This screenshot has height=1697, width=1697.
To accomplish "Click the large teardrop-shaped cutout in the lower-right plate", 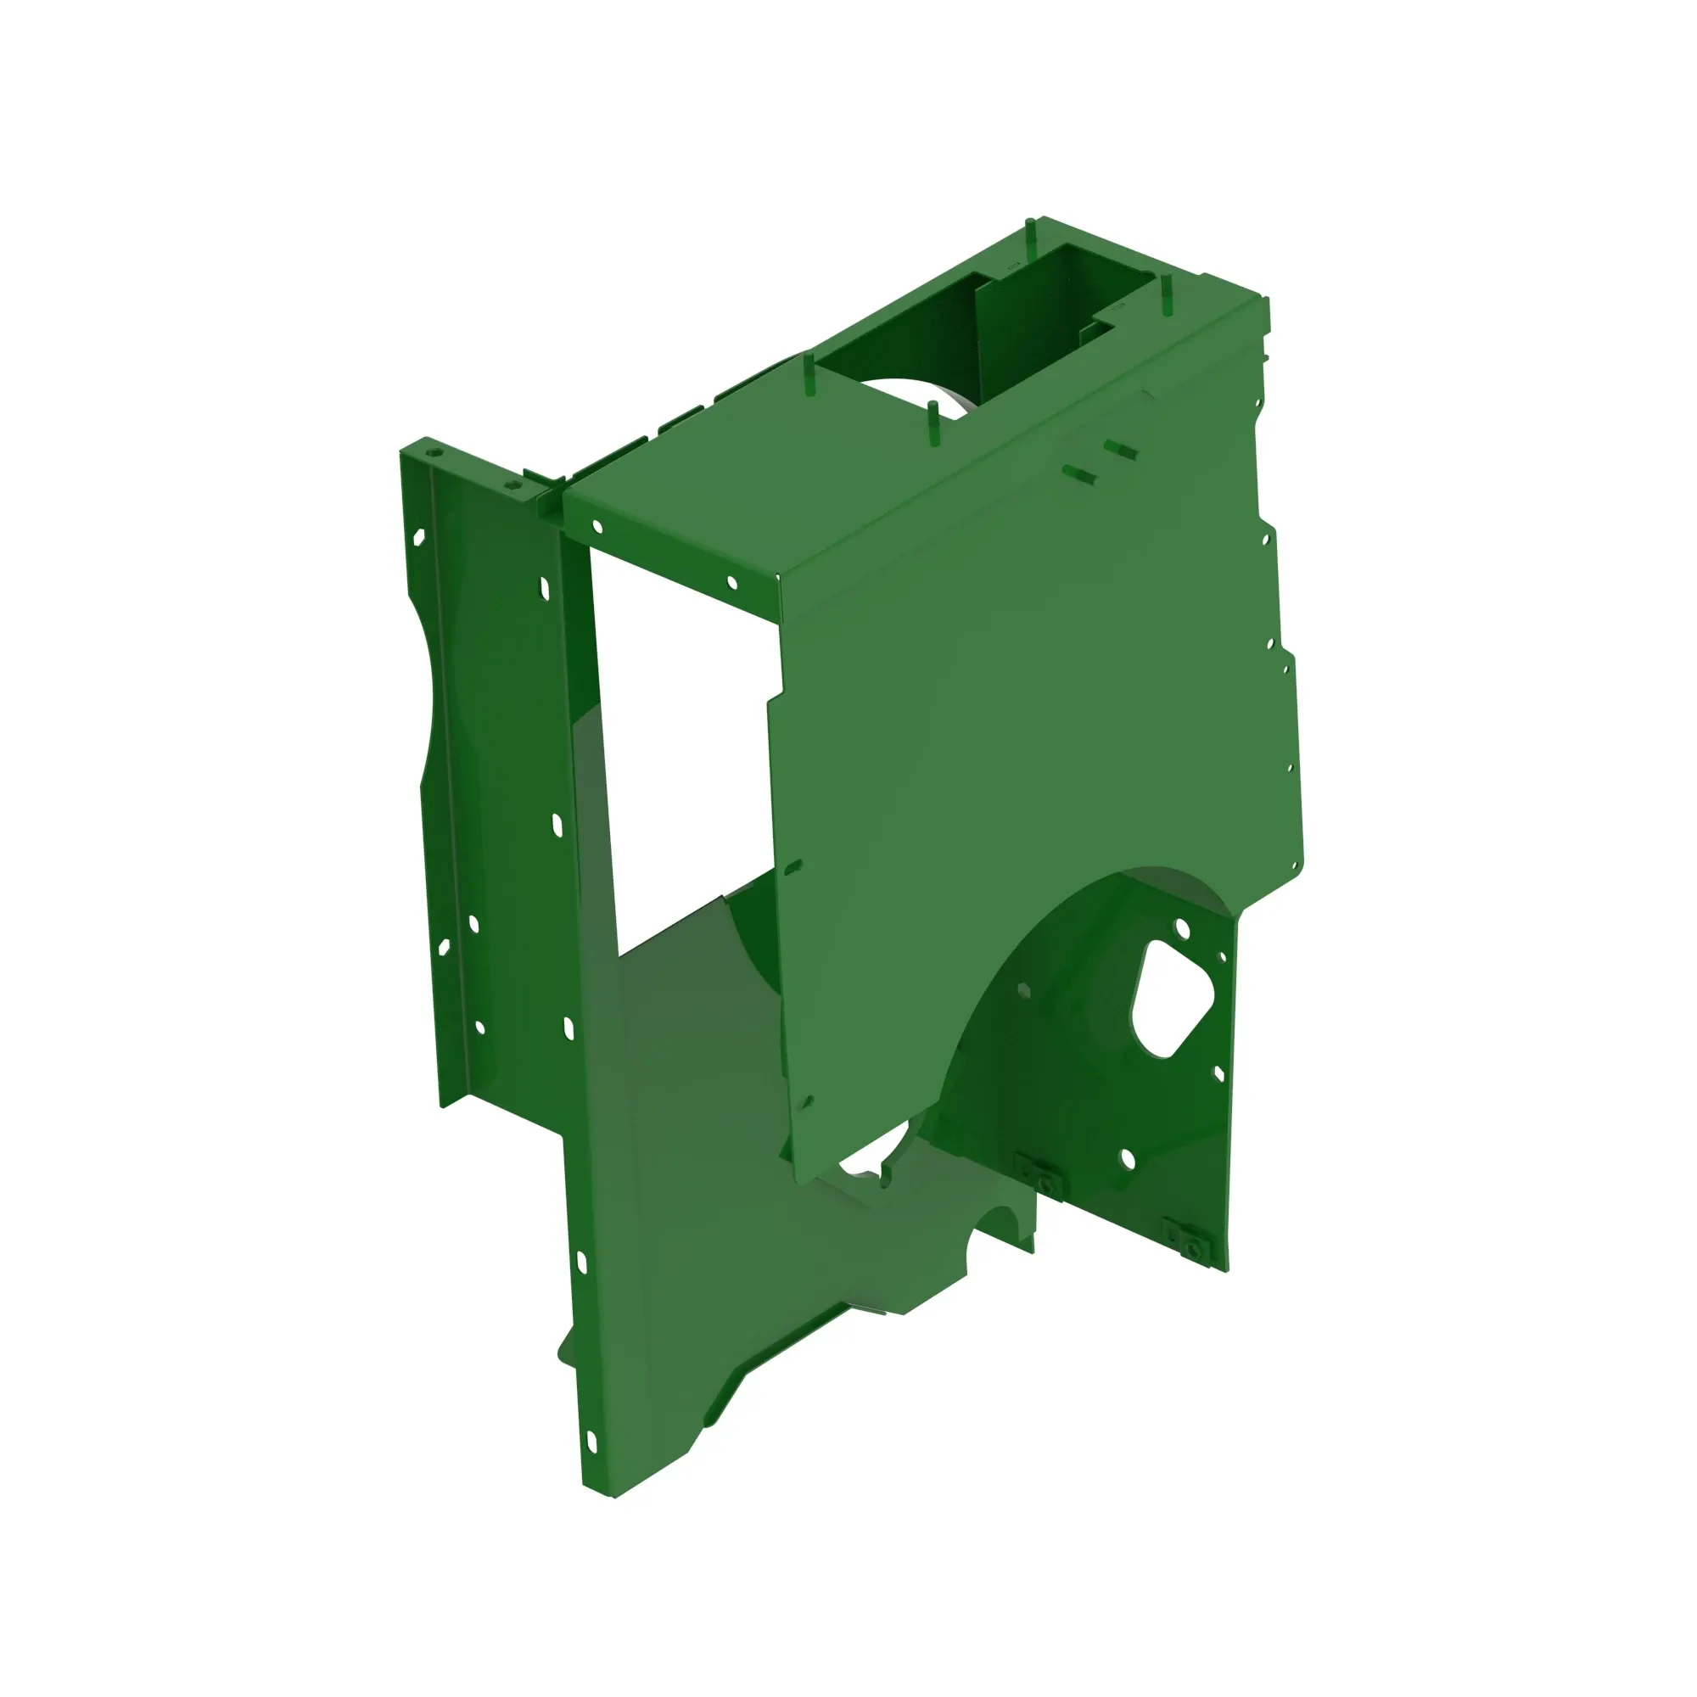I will [1171, 999].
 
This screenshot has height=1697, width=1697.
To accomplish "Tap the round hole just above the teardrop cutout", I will [1181, 927].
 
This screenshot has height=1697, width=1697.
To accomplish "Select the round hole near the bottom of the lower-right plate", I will [1128, 1160].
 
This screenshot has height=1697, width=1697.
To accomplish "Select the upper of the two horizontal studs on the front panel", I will [1120, 450].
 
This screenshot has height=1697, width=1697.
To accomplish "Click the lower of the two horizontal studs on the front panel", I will [1079, 475].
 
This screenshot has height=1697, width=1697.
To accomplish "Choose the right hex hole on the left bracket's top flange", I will [507, 484].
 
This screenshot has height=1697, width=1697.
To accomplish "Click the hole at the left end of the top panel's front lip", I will [598, 527].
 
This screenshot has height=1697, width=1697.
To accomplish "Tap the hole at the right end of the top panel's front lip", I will [732, 581].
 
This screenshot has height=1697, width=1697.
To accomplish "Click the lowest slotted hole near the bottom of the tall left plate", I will [591, 1442].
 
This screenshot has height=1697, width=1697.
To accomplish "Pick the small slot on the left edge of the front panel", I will [792, 868].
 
